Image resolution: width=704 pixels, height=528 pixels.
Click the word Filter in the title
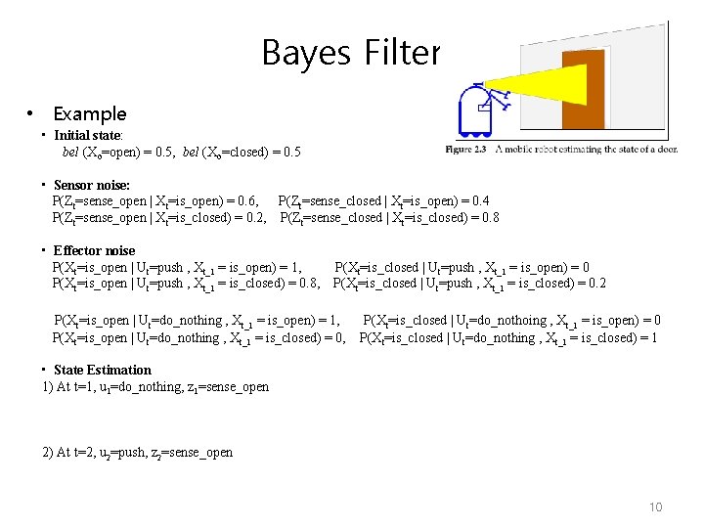[x=399, y=52]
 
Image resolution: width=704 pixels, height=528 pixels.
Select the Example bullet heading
[x=90, y=113]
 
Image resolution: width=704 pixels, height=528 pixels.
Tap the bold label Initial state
[x=87, y=135]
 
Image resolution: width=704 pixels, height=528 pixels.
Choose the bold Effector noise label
[x=94, y=250]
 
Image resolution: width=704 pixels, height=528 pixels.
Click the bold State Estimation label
[x=103, y=370]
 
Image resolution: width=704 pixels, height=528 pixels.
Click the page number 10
[x=654, y=506]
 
